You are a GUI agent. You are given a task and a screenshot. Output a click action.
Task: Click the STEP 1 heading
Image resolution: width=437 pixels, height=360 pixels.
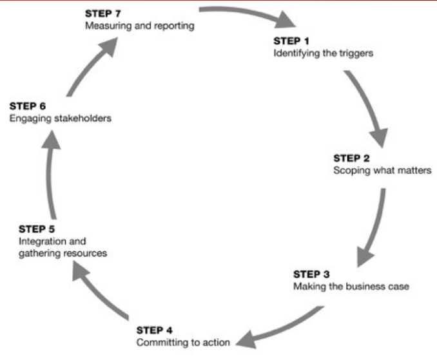289,41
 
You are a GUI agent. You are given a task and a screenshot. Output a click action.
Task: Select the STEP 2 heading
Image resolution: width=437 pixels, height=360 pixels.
351,158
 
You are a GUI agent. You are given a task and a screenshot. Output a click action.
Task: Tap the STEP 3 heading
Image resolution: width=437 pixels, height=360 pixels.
311,273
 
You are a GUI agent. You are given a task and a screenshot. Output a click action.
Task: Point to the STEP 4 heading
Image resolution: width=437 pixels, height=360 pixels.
155,330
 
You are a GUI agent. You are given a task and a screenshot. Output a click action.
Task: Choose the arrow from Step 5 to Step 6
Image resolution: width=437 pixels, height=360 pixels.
47,174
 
